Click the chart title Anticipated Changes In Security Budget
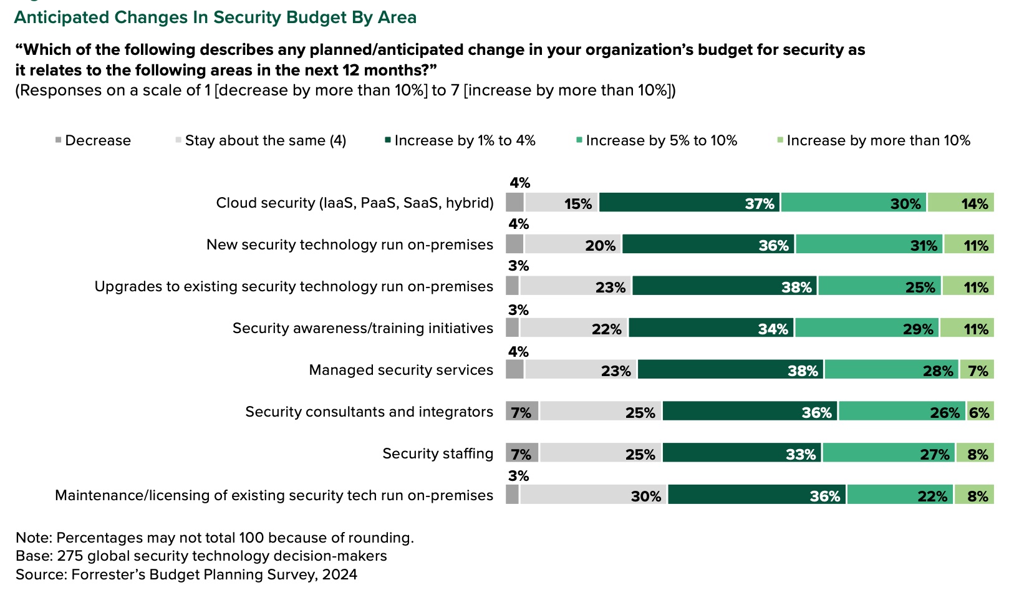215,17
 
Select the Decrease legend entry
93,140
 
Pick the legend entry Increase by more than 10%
873,140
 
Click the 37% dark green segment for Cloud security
689,203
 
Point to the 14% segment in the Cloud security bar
960,203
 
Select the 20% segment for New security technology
572,244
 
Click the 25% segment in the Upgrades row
879,286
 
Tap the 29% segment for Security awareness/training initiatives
867,328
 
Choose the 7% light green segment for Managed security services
977,370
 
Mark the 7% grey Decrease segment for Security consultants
522,412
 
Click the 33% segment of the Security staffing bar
742,453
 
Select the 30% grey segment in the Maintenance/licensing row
592,495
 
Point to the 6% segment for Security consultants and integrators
980,412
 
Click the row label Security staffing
438,453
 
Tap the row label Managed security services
401,370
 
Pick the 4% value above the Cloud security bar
519,183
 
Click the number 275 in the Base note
70,556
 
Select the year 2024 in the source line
340,574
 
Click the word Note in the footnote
33,538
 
